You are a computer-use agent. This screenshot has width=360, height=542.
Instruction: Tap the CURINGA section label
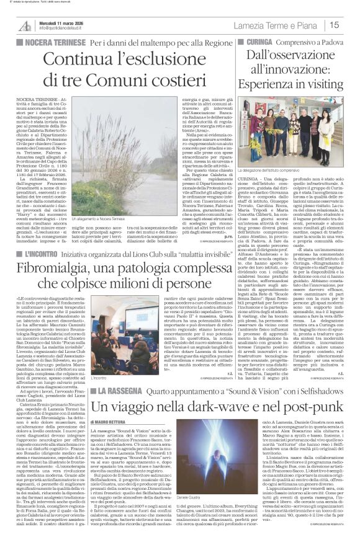(261, 42)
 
